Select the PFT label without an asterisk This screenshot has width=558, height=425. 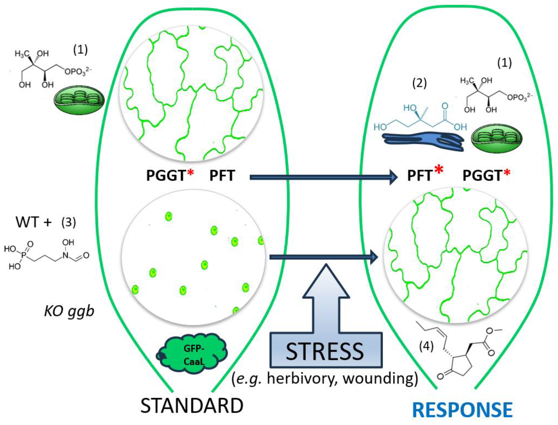pos(222,175)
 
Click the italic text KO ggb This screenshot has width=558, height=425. pos(69,311)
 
